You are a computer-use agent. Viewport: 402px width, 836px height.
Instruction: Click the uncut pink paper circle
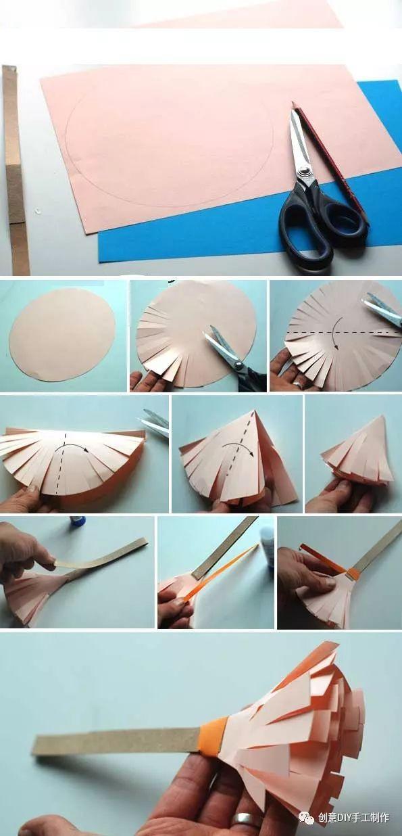(62, 334)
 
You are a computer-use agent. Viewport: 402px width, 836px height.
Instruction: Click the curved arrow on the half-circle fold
(74, 448)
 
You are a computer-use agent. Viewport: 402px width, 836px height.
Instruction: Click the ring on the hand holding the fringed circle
(298, 384)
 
